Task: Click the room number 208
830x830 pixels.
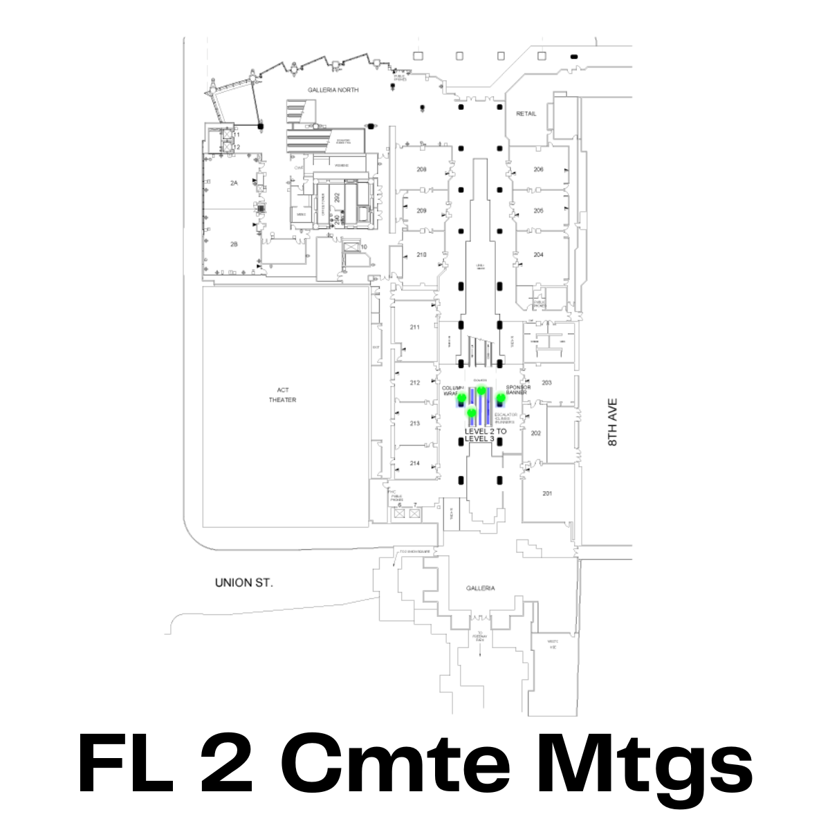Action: [x=421, y=169]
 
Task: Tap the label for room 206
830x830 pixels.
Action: [x=539, y=169]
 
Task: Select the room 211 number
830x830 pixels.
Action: [x=415, y=327]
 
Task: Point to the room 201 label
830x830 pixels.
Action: [x=547, y=493]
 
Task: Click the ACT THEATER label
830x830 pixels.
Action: [x=282, y=395]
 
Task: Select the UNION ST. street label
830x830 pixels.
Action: [x=244, y=583]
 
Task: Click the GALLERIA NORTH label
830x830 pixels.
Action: [x=333, y=91]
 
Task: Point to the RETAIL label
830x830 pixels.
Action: [x=526, y=113]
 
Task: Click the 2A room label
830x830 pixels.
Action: [x=234, y=183]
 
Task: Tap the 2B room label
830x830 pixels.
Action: [x=234, y=244]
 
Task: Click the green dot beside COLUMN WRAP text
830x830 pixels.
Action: [x=461, y=399]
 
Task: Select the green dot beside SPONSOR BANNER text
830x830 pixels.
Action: [x=501, y=398]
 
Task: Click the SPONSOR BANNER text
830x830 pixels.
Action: [x=518, y=389]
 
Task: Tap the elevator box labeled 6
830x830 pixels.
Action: [x=399, y=513]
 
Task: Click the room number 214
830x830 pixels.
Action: [x=415, y=463]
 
